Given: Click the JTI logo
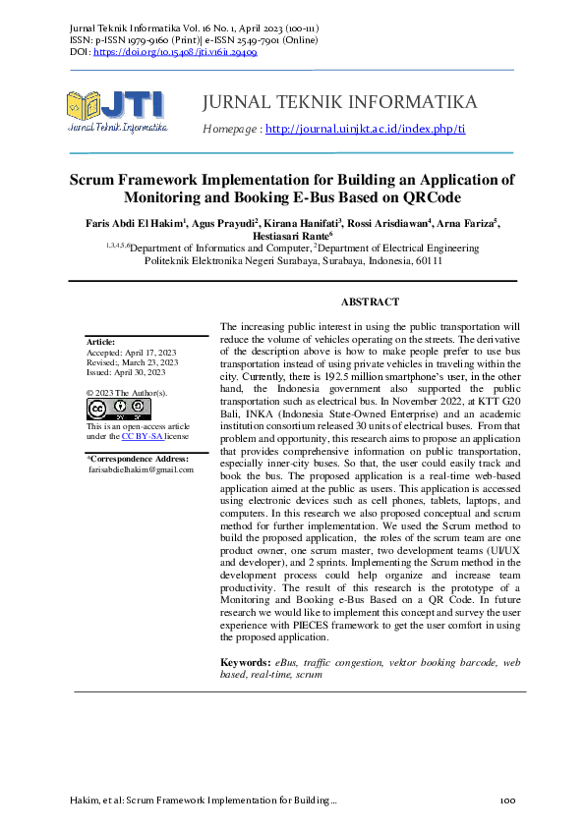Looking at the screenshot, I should [116, 110].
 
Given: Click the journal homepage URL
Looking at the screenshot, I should [365, 129].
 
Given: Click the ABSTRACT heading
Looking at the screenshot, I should [370, 303].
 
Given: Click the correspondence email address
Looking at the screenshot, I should [141, 469].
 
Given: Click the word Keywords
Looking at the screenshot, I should [245, 663].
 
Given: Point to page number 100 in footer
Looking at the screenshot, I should [507, 801].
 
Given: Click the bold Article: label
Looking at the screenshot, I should [102, 342].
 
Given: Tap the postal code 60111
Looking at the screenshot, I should [427, 262].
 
